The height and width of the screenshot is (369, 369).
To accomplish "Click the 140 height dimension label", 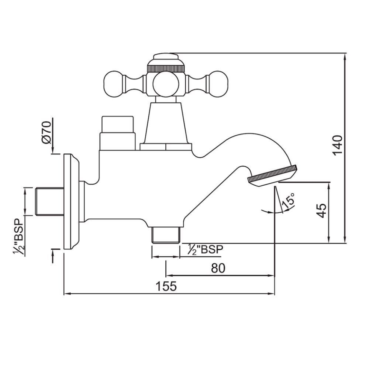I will [x=337, y=145].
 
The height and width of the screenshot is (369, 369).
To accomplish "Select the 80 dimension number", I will [x=218, y=268].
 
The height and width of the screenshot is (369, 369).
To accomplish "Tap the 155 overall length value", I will [x=166, y=286].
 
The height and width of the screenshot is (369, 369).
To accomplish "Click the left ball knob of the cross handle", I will [x=115, y=82].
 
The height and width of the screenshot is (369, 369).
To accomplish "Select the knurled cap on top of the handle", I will [x=166, y=63].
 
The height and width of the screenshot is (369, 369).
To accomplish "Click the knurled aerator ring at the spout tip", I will [x=273, y=174].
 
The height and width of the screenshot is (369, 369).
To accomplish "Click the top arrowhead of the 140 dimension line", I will [x=345, y=56].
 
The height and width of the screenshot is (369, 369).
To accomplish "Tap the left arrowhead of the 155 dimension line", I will [x=66, y=294].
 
